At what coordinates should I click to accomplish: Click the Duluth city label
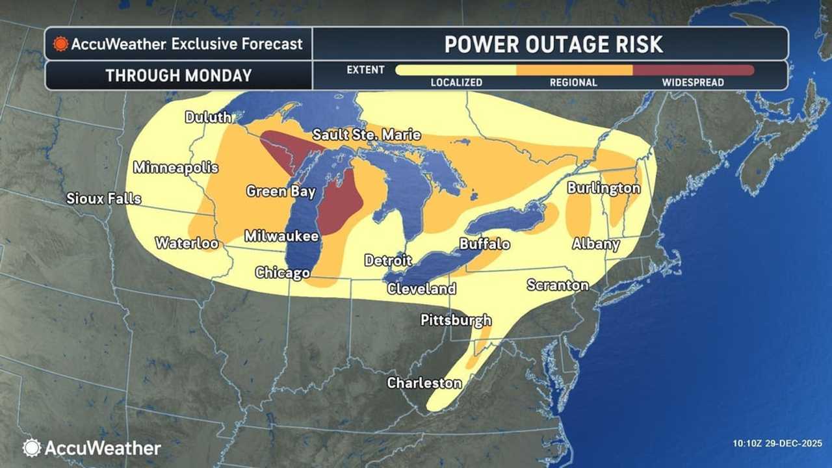[x=208, y=117]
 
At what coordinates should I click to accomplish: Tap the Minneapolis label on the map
[x=175, y=167]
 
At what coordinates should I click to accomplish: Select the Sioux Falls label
[x=103, y=198]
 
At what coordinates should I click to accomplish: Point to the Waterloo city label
[x=187, y=243]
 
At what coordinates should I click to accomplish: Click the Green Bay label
[x=281, y=191]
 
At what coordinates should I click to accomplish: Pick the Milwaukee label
[x=281, y=236]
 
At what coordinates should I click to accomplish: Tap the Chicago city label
[x=282, y=272]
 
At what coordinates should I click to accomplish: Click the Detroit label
[x=388, y=260]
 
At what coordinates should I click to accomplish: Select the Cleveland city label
[x=421, y=289]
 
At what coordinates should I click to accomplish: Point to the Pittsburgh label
[x=456, y=320]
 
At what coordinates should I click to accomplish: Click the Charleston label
[x=424, y=383]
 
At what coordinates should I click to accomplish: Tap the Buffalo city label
[x=484, y=244]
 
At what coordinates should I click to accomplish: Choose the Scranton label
[x=558, y=285]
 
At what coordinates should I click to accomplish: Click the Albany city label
[x=595, y=244]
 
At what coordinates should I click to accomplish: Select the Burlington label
[x=604, y=188]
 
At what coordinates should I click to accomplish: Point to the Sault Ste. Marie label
[x=367, y=135]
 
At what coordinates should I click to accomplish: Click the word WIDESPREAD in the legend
[x=693, y=83]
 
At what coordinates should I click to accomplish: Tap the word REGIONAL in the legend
[x=573, y=83]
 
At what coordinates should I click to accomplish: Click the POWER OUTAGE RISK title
[x=553, y=44]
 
